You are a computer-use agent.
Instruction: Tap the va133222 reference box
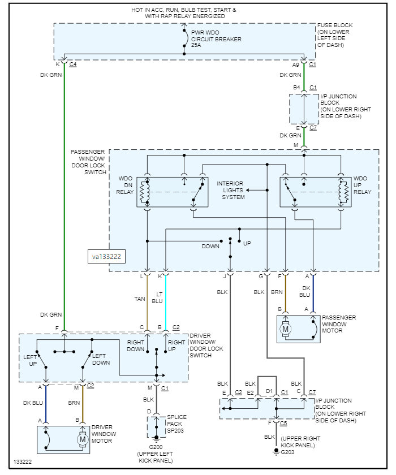click(107, 256)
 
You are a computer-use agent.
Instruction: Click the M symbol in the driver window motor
click(83, 439)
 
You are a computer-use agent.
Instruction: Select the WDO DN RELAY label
click(126, 186)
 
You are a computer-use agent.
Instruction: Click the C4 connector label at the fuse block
click(73, 65)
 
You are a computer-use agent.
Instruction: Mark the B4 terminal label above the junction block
click(296, 87)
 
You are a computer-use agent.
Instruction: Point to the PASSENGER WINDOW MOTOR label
click(338, 324)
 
